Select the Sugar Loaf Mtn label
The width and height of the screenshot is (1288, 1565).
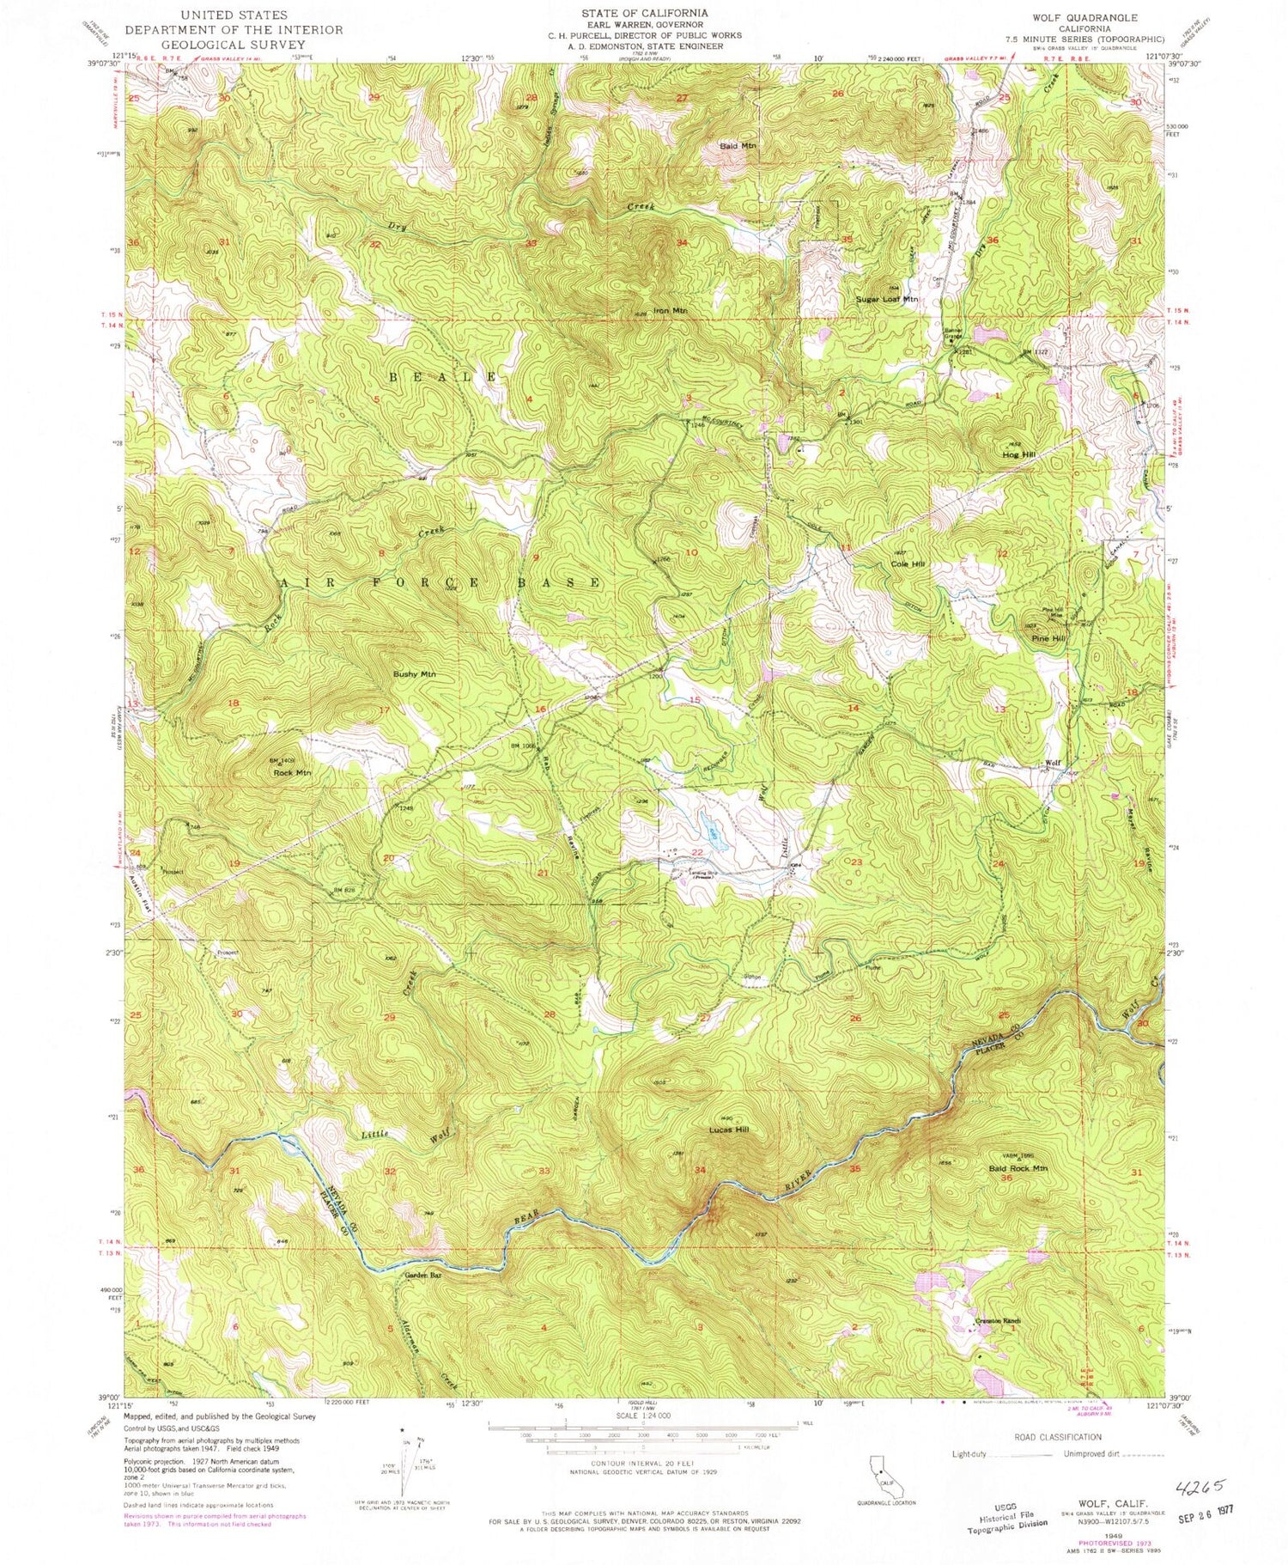point(886,300)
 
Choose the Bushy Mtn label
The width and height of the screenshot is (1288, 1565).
point(415,674)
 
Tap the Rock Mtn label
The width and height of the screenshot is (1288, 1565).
point(292,773)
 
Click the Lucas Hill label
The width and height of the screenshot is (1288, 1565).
point(730,1130)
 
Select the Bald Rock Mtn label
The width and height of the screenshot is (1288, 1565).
point(1018,1168)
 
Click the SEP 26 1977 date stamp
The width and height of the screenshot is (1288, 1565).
point(1197,1509)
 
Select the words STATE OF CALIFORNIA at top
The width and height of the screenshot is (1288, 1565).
point(644,13)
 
